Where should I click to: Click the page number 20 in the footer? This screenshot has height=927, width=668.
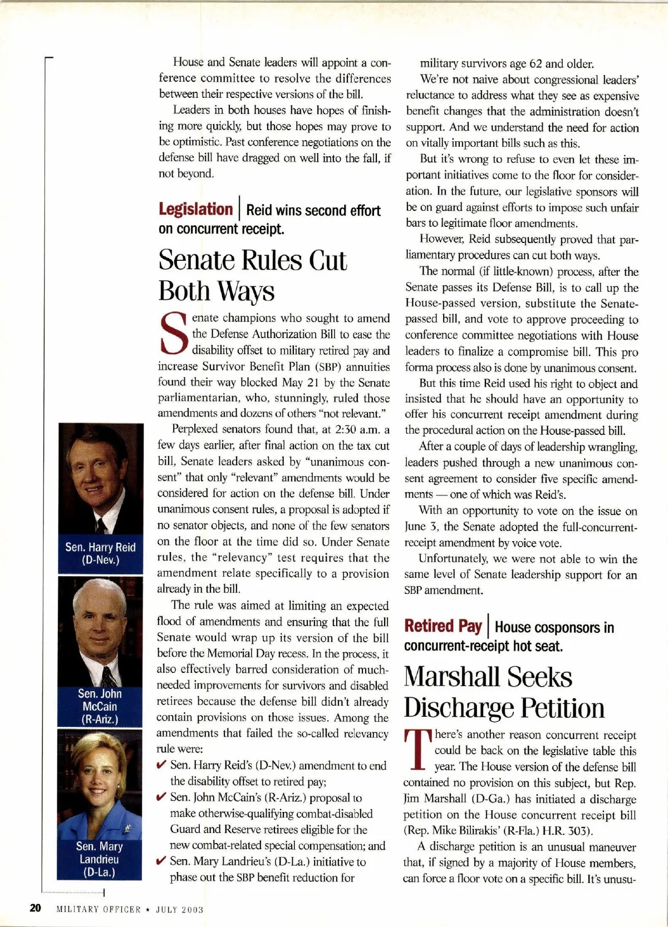pos(35,908)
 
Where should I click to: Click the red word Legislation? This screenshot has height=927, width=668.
pos(195,209)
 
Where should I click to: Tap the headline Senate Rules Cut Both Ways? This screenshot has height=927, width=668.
pos(253,275)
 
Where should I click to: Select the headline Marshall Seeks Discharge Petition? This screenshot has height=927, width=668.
pos(504,692)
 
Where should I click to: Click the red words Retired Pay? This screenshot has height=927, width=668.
pos(443,626)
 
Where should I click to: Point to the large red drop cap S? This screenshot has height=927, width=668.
pos(173,335)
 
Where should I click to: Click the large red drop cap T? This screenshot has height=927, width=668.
pos(417,751)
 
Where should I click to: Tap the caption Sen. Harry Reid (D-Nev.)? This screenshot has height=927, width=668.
pos(100,553)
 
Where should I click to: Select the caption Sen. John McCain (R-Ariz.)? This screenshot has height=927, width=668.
pos(100,706)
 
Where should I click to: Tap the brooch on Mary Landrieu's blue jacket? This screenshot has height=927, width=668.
pos(127,830)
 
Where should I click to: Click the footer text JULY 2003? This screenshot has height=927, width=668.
pos(179,910)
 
